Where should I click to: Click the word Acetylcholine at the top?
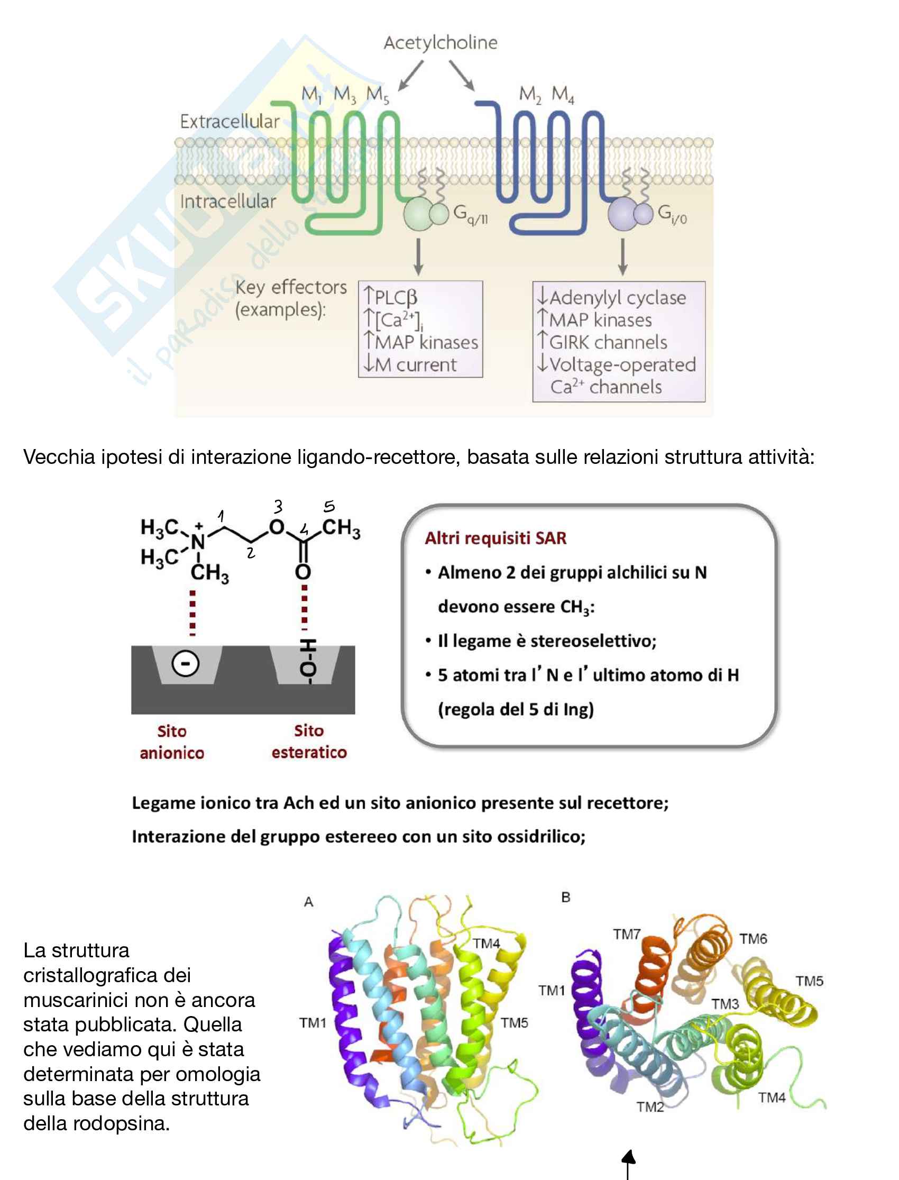tap(441, 43)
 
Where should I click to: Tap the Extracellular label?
tap(230, 122)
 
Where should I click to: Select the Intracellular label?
tap(228, 202)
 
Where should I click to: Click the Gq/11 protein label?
tap(470, 214)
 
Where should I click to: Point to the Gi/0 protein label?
tap(672, 214)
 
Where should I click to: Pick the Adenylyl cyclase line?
tap(617, 298)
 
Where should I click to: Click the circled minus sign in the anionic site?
tap(185, 664)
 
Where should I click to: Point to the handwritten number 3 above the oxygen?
tap(278, 506)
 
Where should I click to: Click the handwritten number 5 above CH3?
tap(329, 506)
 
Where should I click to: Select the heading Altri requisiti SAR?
tap(496, 538)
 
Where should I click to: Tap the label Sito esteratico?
tap(309, 742)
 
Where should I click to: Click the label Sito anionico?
tap(172, 742)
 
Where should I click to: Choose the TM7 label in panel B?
tap(627, 935)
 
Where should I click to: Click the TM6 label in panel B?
tap(753, 939)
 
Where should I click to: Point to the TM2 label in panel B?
tap(650, 1106)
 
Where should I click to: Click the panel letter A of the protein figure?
tap(309, 902)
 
